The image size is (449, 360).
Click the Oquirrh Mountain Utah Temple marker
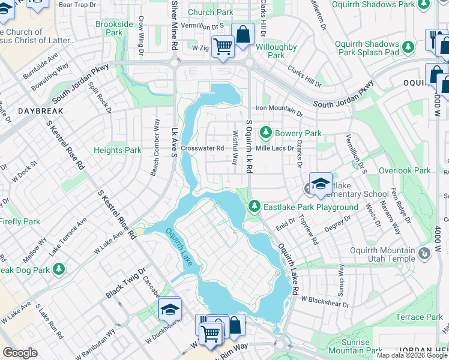[x=425, y=254]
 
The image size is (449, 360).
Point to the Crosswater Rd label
[x=202, y=148]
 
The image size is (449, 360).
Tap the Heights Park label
[x=117, y=150]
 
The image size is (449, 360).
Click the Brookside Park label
[x=114, y=28]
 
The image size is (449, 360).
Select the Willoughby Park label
[x=276, y=51]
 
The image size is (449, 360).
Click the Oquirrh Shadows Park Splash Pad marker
[x=409, y=46]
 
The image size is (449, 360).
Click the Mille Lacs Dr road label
[x=274, y=148]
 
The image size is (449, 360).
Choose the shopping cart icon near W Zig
[x=223, y=45]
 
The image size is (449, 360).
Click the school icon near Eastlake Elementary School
[x=321, y=184]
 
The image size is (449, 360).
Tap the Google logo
[x=20, y=353]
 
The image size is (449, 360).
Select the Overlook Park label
[x=405, y=170]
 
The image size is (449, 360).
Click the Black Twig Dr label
[x=124, y=283]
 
